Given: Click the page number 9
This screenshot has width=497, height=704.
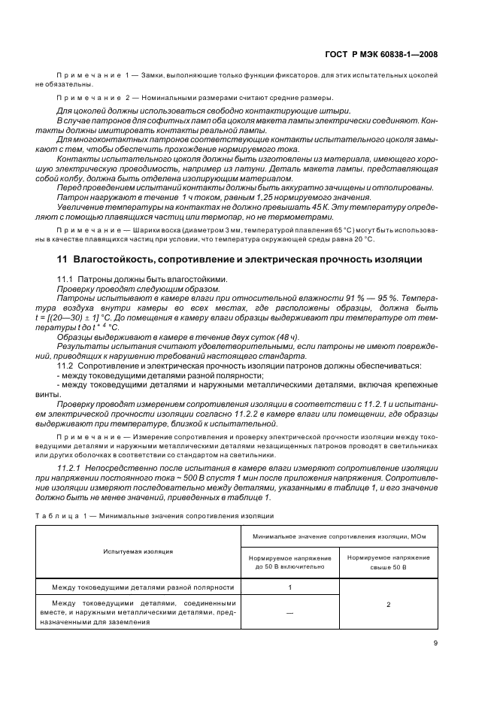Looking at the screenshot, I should pyautogui.click(x=435, y=642).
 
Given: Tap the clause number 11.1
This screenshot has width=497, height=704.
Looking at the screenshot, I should pyautogui.click(x=66, y=278).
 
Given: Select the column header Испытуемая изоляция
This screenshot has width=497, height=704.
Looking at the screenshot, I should pyautogui.click(x=138, y=551).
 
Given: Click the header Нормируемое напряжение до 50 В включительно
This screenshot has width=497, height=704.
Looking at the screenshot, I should pyautogui.click(x=289, y=562).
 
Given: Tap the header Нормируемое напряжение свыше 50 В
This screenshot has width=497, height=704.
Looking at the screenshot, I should pyautogui.click(x=389, y=562).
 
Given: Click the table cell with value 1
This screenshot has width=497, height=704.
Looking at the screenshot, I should pyautogui.click(x=289, y=587).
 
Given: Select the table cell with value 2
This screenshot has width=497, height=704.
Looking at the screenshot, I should pyautogui.click(x=389, y=603).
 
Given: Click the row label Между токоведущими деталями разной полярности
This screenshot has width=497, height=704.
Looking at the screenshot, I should pyautogui.click(x=142, y=587).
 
